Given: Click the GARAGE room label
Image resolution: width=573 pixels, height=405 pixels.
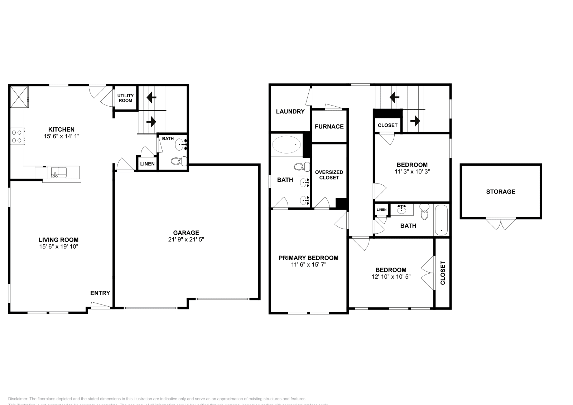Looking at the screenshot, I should pyautogui.click(x=186, y=233).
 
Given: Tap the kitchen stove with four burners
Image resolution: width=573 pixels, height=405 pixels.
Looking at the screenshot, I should pyautogui.click(x=16, y=136).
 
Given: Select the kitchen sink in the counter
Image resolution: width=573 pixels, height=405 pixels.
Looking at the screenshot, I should pyautogui.click(x=58, y=172).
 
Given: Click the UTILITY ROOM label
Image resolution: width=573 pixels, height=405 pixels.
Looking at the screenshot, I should pyautogui.click(x=125, y=98).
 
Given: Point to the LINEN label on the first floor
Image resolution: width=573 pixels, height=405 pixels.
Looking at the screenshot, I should pyautogui.click(x=147, y=164).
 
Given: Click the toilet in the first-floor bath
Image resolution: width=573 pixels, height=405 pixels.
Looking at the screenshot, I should pyautogui.click(x=178, y=161).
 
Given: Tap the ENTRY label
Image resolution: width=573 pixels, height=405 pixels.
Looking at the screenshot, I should pyautogui.click(x=100, y=293).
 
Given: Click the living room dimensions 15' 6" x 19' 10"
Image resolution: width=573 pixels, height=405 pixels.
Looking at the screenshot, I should pyautogui.click(x=59, y=247).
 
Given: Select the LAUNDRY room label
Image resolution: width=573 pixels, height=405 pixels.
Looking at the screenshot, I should pyautogui.click(x=290, y=112).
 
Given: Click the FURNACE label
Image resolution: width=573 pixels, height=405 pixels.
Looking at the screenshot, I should pyautogui.click(x=329, y=126).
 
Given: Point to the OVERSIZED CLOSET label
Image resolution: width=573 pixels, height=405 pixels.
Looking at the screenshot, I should pyautogui.click(x=329, y=175).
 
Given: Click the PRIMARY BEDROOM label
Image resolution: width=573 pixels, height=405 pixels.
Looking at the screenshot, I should pyautogui.click(x=308, y=258).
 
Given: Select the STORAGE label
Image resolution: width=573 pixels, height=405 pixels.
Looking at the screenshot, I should pyautogui.click(x=501, y=192).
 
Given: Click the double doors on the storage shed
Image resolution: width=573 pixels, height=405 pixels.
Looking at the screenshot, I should pyautogui.click(x=501, y=224).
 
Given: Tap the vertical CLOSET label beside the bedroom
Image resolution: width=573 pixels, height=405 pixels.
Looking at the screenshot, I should pyautogui.click(x=443, y=273).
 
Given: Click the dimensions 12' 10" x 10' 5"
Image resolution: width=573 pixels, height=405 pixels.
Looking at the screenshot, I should pyautogui.click(x=391, y=277).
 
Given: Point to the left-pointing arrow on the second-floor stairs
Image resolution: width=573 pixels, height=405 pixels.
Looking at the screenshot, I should pyautogui.click(x=395, y=97).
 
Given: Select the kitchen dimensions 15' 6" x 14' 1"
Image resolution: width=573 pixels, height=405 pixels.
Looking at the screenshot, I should pyautogui.click(x=61, y=136).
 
